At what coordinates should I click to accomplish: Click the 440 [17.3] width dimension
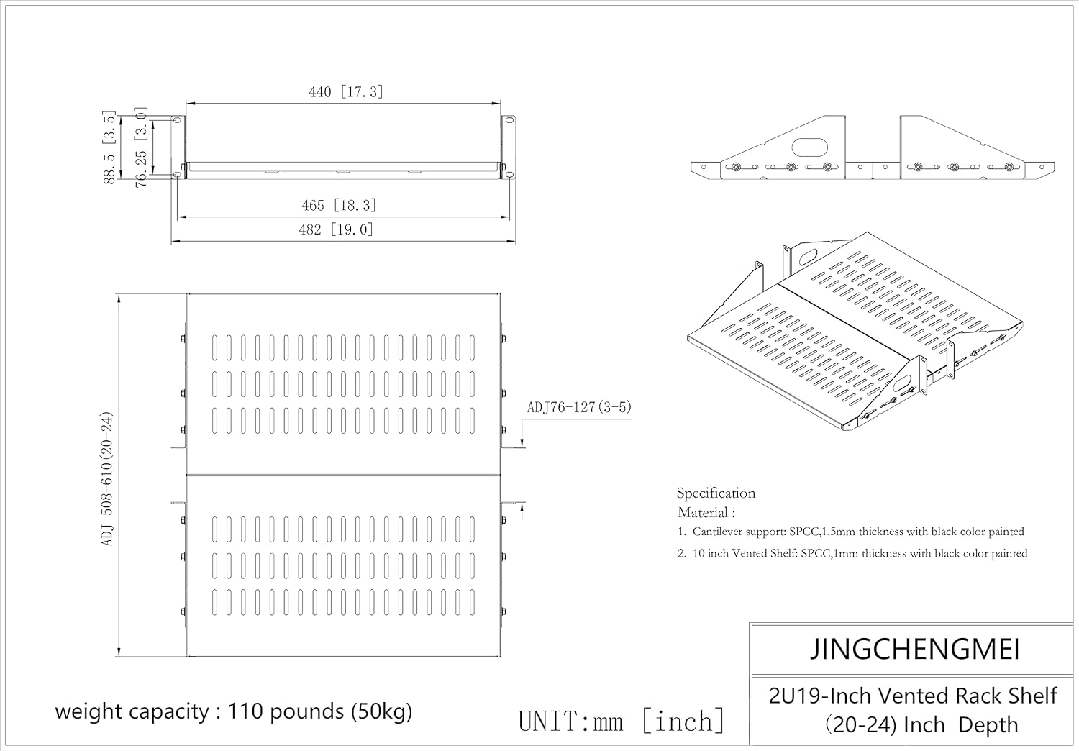click(346, 91)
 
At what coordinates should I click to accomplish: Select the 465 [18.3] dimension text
click(339, 206)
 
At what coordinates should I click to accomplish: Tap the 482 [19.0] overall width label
click(336, 229)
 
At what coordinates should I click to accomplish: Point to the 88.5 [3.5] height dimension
click(109, 147)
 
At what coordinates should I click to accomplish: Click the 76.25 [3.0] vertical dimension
click(141, 147)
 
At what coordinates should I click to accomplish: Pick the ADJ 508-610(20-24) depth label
click(107, 479)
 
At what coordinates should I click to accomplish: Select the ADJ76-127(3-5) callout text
click(579, 408)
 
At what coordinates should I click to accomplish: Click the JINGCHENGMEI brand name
click(915, 650)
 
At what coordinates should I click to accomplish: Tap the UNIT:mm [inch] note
click(622, 721)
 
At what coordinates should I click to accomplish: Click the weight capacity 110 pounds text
click(234, 711)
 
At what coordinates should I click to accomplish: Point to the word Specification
click(716, 493)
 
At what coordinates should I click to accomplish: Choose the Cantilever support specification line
click(851, 532)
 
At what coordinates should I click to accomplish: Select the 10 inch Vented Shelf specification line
click(852, 553)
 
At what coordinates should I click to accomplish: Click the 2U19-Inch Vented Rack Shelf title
click(914, 696)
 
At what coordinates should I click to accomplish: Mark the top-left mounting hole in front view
click(177, 119)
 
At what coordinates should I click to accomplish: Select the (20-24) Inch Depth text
click(921, 725)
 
